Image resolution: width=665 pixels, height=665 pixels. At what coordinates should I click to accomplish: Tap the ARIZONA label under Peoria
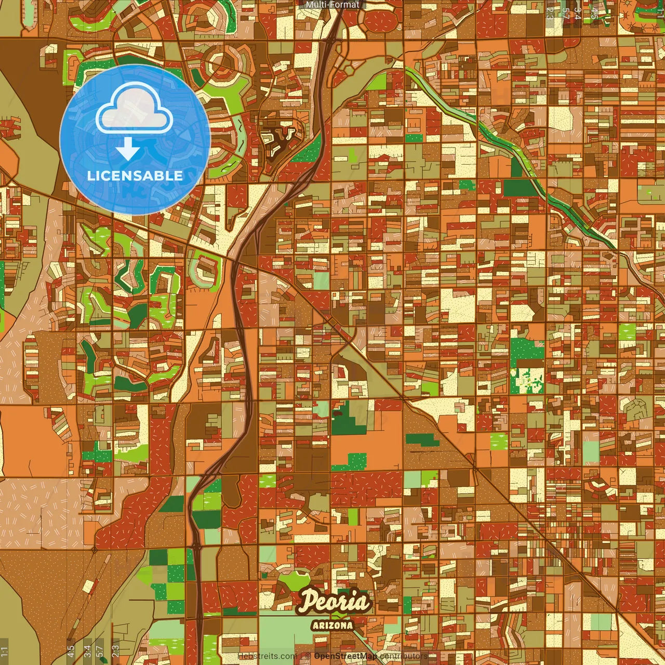(332, 625)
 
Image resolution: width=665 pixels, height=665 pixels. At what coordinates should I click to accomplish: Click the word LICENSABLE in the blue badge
(135, 176)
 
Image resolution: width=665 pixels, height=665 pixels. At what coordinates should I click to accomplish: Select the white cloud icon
(134, 108)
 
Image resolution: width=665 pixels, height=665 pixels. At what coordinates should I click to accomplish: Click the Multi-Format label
(332, 5)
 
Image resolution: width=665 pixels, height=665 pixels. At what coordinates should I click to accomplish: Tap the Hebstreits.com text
(267, 656)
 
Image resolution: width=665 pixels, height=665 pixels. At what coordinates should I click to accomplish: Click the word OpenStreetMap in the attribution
(345, 656)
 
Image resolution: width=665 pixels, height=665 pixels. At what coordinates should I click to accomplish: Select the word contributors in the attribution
(404, 656)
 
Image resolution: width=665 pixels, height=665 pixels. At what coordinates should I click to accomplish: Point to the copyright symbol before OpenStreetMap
(308, 656)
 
